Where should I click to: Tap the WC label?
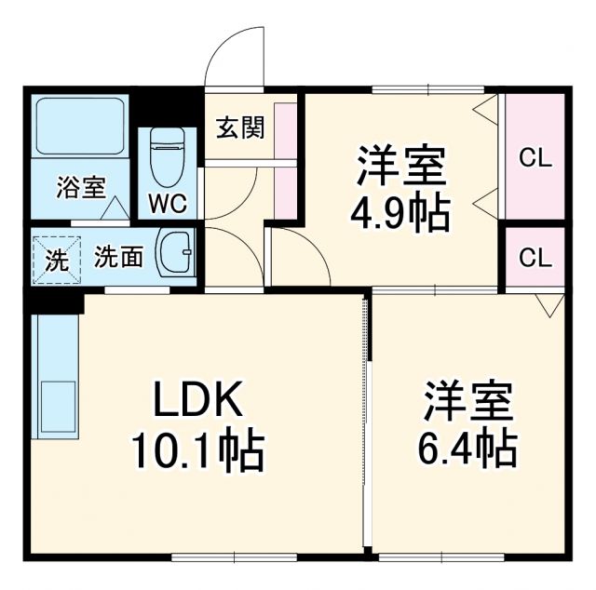click(168, 202)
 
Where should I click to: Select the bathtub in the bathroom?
click(80, 127)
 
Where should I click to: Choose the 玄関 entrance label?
click(239, 127)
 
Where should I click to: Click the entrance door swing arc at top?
click(233, 56)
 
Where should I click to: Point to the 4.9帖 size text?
click(400, 213)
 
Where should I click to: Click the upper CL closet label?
click(535, 157)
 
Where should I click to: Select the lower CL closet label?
click(535, 258)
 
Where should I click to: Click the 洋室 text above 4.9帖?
click(400, 165)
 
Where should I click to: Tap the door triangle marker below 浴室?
click(116, 211)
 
